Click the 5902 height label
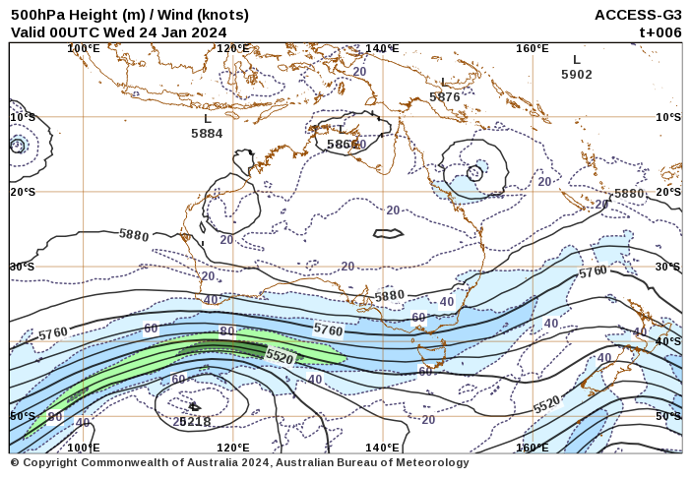(x=577, y=75)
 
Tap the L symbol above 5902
(x=577, y=60)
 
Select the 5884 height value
(x=207, y=134)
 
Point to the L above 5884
(x=207, y=119)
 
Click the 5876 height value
(x=445, y=96)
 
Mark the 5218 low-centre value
(x=194, y=422)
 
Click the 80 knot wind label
(x=227, y=331)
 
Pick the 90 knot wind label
(x=55, y=417)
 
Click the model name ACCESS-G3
(x=638, y=15)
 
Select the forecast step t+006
(x=660, y=31)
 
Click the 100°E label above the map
(x=83, y=48)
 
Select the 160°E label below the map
(x=533, y=448)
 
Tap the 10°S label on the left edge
(x=23, y=117)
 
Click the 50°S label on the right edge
(x=667, y=416)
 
